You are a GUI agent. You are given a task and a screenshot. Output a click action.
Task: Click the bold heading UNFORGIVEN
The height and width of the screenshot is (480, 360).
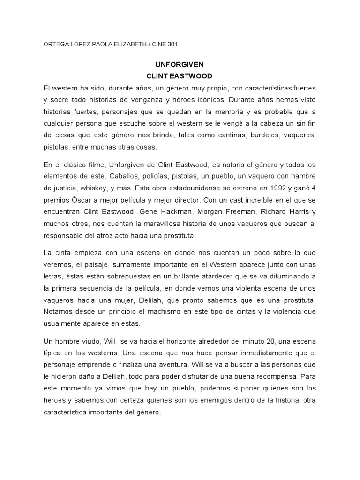tap(180, 64)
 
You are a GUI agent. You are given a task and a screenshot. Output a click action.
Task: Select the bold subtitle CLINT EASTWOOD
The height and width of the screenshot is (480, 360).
tap(180, 75)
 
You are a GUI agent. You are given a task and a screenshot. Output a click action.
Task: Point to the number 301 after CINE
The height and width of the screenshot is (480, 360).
tap(172, 45)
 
